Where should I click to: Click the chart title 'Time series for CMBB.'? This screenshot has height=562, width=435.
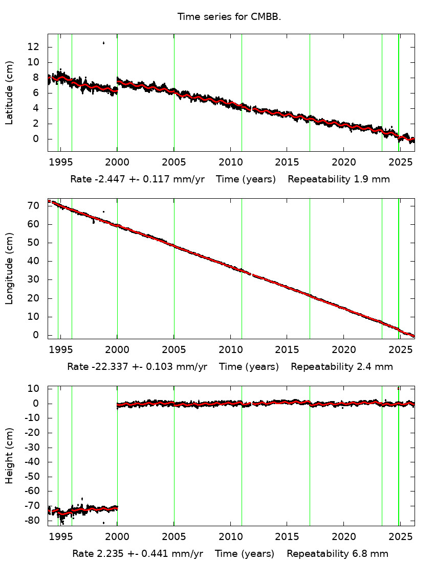pos(229,17)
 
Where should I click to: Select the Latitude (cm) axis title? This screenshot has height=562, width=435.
pos(9,92)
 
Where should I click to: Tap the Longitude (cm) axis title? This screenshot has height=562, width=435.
pos(9,268)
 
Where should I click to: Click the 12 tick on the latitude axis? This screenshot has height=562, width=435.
pos(34,47)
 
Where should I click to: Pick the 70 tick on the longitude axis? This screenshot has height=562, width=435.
pos(34,206)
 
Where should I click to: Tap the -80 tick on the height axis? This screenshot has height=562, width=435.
pos(32,521)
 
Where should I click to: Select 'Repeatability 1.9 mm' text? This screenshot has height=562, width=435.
pos(338,179)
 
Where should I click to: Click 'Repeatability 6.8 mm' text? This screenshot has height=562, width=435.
pos(337,554)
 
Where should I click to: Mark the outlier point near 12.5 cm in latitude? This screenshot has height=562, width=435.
pos(103,43)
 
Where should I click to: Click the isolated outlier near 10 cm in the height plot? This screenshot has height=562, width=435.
pos(398,389)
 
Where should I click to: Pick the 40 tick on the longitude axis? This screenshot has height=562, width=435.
pos(34,261)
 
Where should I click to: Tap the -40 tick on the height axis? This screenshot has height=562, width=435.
pos(32,462)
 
